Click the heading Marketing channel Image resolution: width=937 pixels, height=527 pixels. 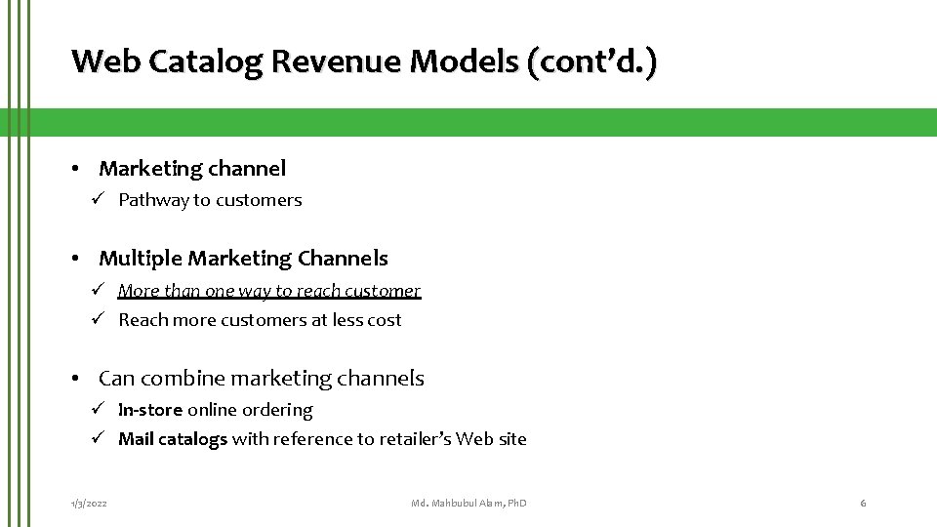(x=192, y=169)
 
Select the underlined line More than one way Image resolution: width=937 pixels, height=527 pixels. (x=269, y=291)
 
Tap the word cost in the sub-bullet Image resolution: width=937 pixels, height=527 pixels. (x=383, y=320)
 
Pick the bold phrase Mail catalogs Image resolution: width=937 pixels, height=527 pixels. (x=173, y=439)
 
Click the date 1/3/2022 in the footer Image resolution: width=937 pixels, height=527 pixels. (x=89, y=503)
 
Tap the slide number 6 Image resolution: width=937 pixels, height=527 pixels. (x=863, y=503)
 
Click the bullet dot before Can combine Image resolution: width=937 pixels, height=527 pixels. (x=75, y=379)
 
